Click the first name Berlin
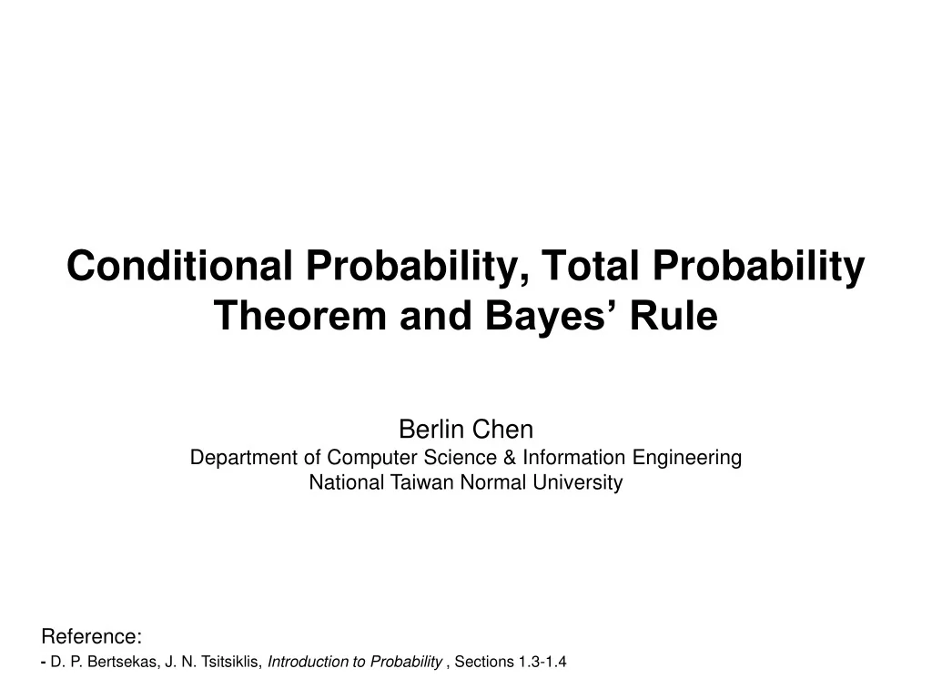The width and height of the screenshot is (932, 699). click(x=431, y=429)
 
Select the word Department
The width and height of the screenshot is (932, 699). click(x=244, y=457)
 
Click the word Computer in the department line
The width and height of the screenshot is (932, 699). click(x=363, y=457)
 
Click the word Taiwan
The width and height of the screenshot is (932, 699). click(x=420, y=482)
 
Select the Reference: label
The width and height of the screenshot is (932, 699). click(x=92, y=635)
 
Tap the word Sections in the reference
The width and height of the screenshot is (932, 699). click(x=484, y=662)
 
